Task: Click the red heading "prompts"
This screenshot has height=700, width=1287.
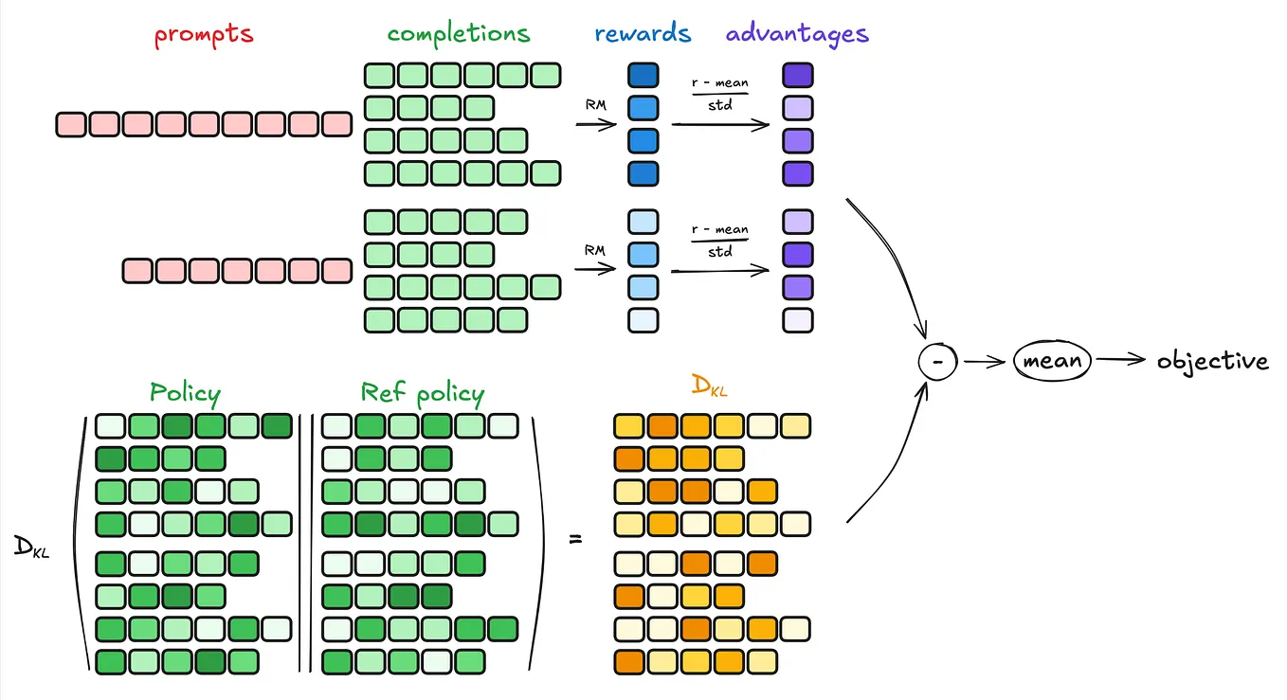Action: point(204,35)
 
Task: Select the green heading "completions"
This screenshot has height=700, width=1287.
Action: point(459,34)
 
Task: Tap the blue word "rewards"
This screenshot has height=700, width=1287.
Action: point(643,34)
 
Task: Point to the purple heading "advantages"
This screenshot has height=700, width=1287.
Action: point(797,34)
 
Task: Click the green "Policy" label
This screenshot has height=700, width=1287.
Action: point(185,393)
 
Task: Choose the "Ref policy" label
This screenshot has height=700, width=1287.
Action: point(422,393)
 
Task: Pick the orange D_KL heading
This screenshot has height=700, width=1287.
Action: point(711,386)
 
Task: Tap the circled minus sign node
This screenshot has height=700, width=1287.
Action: point(938,361)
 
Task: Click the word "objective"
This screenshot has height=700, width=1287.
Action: point(1212,361)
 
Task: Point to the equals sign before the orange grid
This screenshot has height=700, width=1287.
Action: point(574,540)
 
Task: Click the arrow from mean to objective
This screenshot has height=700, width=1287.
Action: point(1122,361)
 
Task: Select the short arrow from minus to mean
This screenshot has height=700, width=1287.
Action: point(985,361)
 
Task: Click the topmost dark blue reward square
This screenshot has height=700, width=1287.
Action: point(643,76)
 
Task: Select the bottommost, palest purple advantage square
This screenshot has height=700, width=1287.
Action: point(797,320)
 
